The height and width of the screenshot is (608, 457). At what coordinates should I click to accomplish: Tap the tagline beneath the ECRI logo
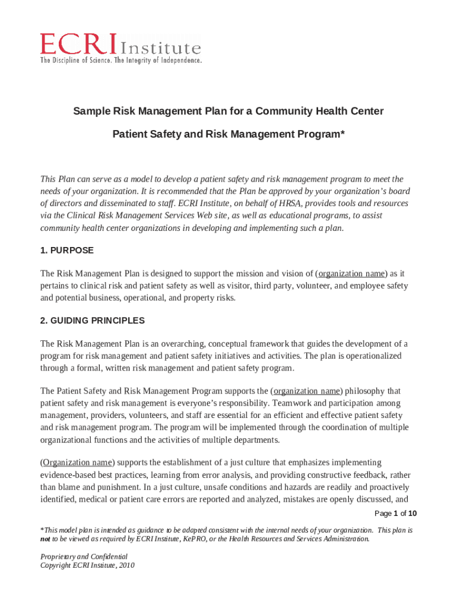121,61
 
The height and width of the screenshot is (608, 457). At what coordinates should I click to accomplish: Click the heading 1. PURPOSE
66,251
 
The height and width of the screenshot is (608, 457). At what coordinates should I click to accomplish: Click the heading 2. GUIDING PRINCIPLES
92,321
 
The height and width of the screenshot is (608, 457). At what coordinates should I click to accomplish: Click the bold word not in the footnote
45,540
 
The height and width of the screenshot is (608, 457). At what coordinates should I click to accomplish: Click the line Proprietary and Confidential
84,557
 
